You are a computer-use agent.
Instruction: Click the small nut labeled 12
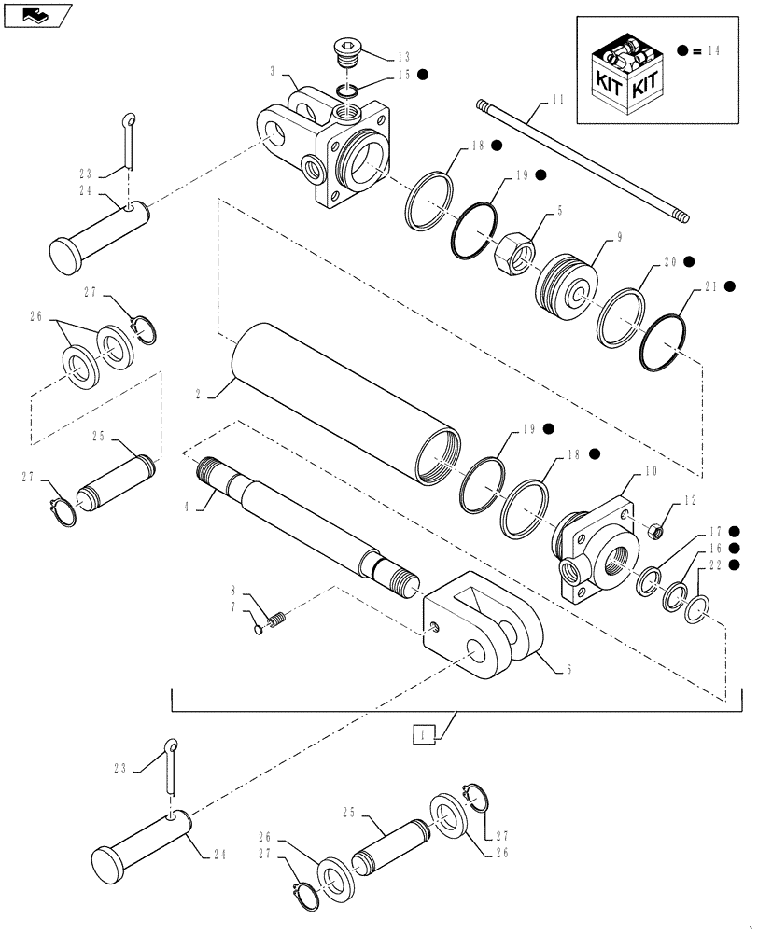tap(656, 531)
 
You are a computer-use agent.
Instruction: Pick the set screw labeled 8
tap(275, 618)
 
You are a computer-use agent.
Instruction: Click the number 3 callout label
tap(272, 71)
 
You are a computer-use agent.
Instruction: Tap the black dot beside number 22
tap(736, 564)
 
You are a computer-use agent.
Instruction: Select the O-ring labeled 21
tap(665, 340)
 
